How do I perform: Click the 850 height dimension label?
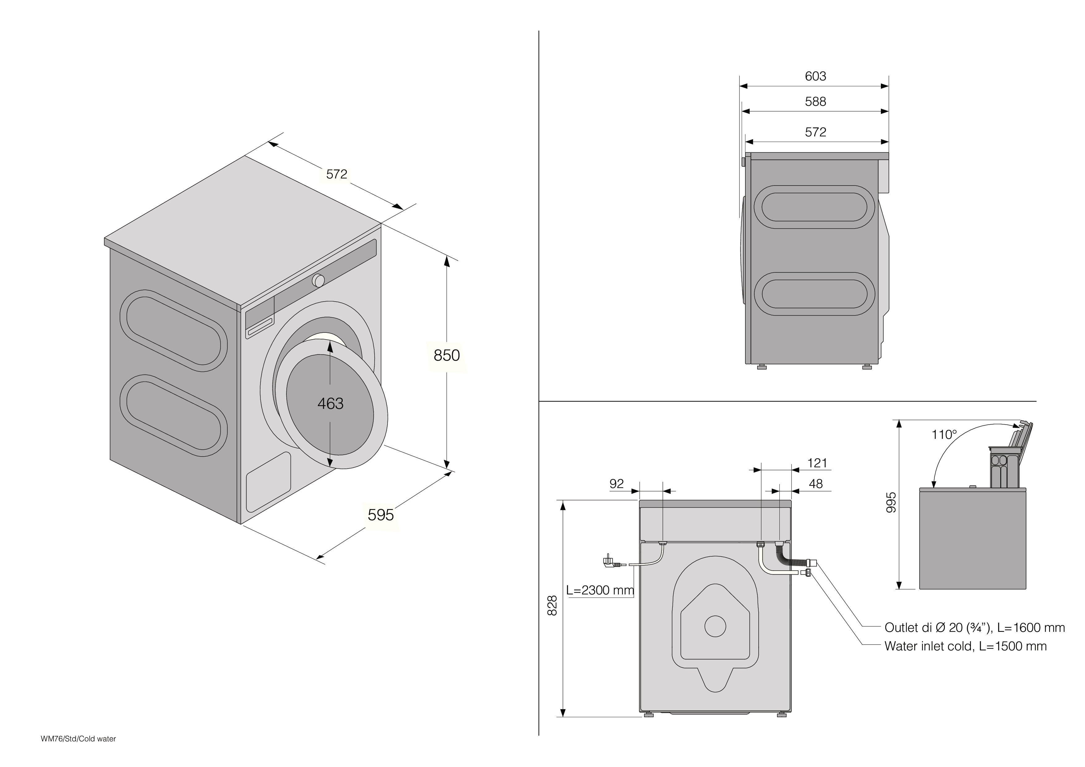(x=447, y=355)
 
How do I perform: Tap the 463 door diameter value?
(x=330, y=404)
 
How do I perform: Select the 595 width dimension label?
(x=381, y=515)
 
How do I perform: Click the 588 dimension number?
(x=816, y=102)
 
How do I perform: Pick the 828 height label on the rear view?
(x=552, y=605)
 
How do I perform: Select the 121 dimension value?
(x=817, y=463)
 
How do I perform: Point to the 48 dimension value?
(x=816, y=484)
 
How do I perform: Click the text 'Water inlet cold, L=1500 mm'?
(x=965, y=646)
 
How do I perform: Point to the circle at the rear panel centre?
(x=715, y=626)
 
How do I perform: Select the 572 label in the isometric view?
(x=337, y=174)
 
